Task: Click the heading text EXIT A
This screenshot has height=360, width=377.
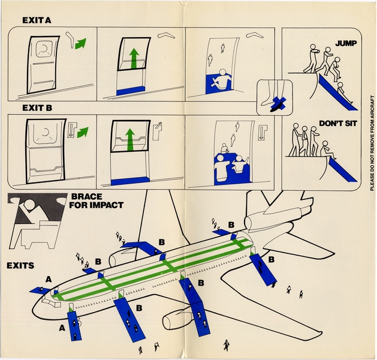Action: [x=36, y=20]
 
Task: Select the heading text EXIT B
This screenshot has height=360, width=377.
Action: [x=36, y=109]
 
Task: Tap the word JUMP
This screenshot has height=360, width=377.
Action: [x=345, y=43]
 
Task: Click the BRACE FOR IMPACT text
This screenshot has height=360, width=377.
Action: [x=96, y=200]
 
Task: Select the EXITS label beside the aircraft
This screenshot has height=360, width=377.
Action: [x=20, y=265]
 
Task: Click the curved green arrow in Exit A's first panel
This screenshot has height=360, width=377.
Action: [x=79, y=44]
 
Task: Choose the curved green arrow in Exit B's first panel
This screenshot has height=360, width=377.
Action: [x=82, y=131]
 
